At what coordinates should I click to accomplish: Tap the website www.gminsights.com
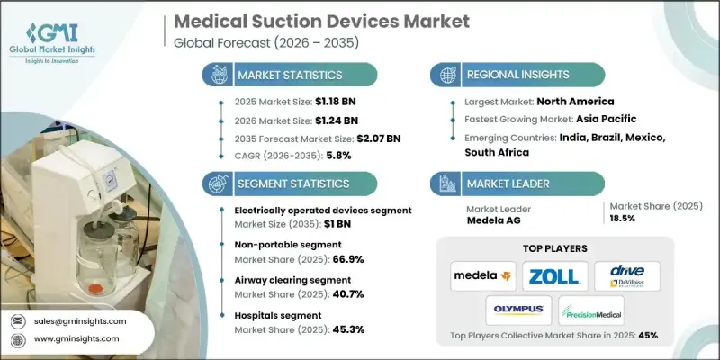76,338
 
